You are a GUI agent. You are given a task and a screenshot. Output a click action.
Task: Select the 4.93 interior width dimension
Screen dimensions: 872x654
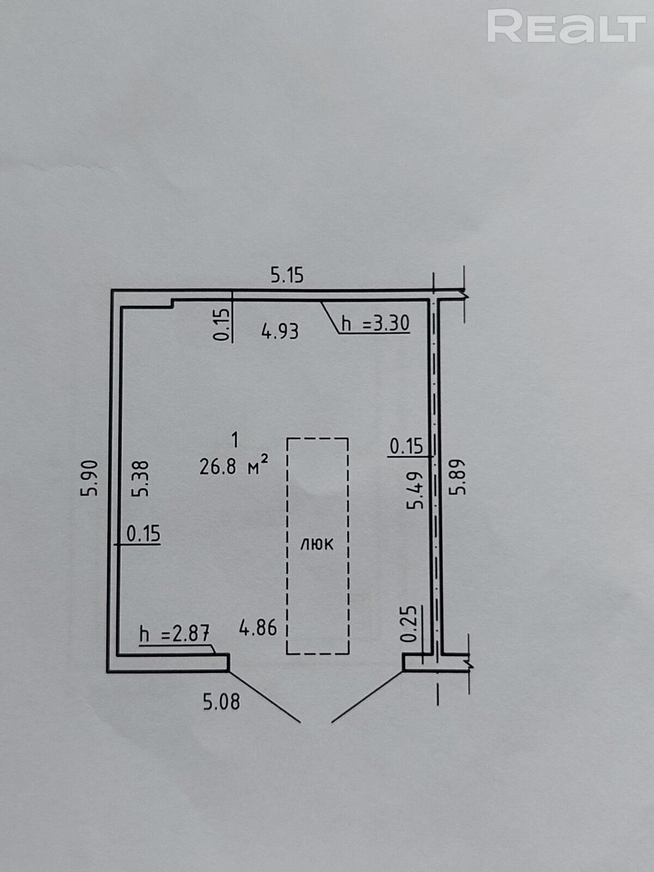tap(280, 331)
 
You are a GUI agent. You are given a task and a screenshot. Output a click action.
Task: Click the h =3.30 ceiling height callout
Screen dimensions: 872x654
tap(375, 324)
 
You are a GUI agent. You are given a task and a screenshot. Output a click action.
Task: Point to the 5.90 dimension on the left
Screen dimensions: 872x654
tap(90, 478)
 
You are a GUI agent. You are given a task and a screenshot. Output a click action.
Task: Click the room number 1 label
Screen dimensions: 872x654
tap(235, 438)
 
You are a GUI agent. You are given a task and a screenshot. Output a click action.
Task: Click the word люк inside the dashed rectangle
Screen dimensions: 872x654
tap(317, 543)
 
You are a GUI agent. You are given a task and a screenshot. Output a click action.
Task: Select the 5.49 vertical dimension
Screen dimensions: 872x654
tap(416, 491)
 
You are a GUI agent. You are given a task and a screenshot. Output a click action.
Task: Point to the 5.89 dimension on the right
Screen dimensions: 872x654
tap(458, 477)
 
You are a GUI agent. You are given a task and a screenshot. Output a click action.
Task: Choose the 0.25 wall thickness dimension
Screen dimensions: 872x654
tap(410, 624)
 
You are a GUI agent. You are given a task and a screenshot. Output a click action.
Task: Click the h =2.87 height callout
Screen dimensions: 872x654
tap(175, 634)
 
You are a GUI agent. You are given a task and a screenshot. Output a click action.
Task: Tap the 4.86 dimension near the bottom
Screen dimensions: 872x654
tap(258, 628)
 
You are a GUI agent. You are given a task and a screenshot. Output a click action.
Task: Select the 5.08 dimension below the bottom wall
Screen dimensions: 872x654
tap(221, 701)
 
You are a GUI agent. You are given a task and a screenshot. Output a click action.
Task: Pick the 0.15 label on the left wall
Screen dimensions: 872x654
tap(143, 534)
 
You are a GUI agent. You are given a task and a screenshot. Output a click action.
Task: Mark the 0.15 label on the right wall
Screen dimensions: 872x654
tap(406, 446)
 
